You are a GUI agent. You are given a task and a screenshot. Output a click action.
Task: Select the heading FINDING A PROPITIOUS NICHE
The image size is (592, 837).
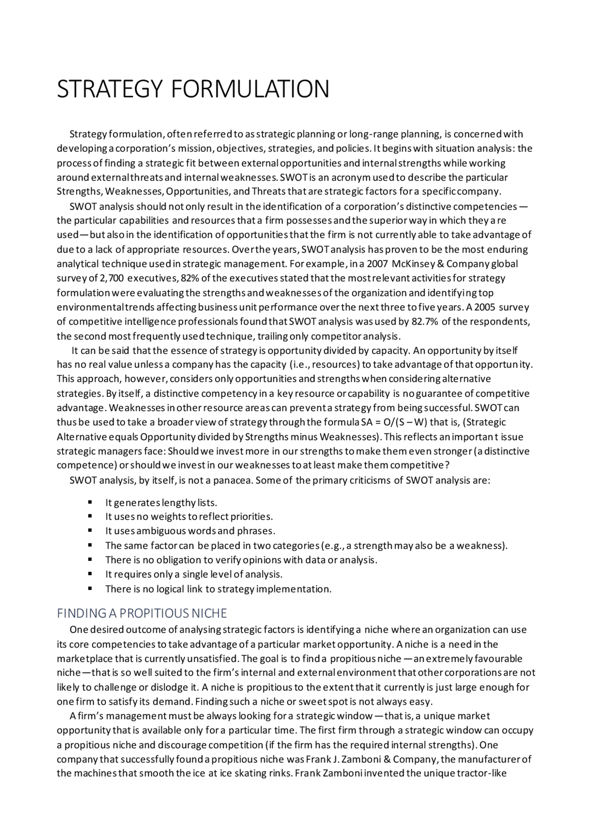142,613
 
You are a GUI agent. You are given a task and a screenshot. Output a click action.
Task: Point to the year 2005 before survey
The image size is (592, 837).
485,308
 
